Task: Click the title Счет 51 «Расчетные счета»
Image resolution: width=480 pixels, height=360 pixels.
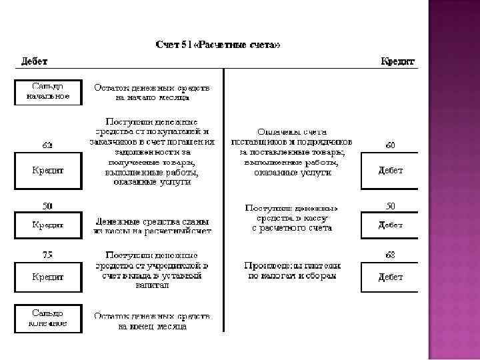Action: pos(217,45)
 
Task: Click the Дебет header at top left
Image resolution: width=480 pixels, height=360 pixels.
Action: pos(34,61)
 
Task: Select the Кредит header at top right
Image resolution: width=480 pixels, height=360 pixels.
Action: pos(397,61)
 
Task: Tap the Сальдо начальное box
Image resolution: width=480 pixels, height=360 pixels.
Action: pos(48,92)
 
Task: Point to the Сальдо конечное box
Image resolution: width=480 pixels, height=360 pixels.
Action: pos(48,318)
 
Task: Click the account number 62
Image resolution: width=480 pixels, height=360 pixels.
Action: pos(48,145)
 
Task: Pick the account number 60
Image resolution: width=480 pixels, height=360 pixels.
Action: pos(390,145)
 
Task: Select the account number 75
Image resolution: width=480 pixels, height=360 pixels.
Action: pos(48,254)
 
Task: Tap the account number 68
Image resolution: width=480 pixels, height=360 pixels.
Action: pos(390,254)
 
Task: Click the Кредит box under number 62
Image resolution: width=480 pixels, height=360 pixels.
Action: pos(48,170)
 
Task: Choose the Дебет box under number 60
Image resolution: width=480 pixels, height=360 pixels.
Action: pos(390,170)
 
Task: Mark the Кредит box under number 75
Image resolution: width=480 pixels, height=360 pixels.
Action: pos(48,275)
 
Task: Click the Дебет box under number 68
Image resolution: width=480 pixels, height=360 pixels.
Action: pos(390,275)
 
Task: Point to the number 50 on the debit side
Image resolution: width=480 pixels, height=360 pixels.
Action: pos(48,205)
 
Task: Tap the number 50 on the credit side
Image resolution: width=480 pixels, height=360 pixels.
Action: pos(390,205)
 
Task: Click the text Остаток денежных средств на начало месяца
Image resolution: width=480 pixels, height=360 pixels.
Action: pos(152,92)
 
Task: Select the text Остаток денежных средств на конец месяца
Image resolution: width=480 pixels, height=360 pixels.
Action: pos(152,321)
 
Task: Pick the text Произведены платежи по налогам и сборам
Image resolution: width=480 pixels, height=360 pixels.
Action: pos(292,270)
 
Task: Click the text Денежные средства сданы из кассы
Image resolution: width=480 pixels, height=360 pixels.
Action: pos(153,225)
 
